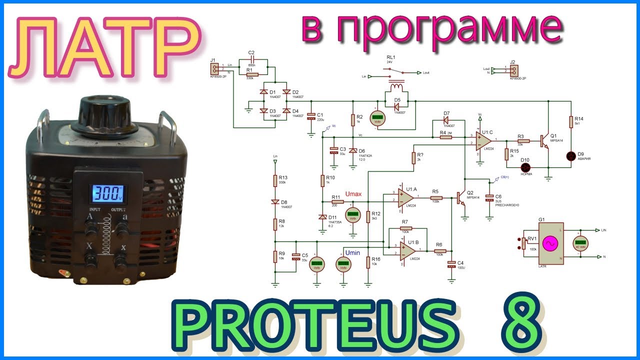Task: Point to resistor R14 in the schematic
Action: tap(571, 121)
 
